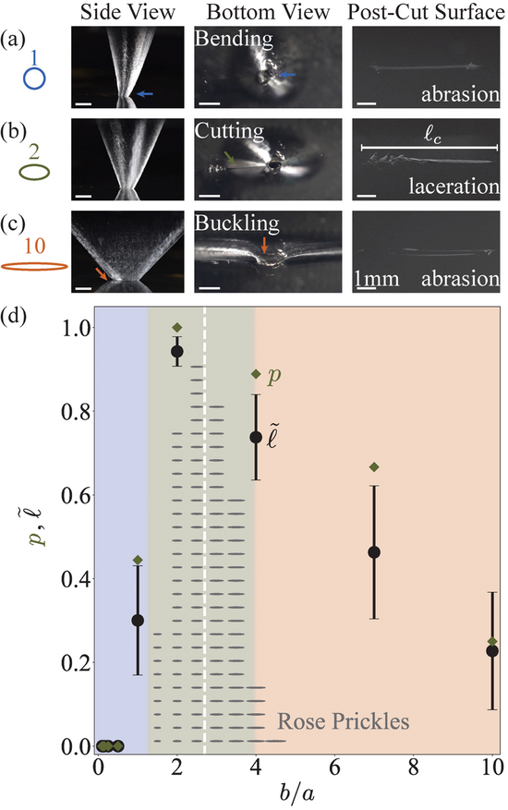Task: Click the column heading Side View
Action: [x=127, y=12]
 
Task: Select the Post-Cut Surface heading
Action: [x=426, y=12]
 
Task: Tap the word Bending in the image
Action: [x=234, y=39]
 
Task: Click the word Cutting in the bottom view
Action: [x=229, y=131]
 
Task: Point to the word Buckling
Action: [x=236, y=224]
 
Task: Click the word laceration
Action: [x=454, y=186]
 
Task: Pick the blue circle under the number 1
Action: [x=34, y=79]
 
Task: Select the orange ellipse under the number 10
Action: [x=34, y=266]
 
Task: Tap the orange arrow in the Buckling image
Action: [x=264, y=245]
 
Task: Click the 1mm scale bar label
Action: [x=377, y=279]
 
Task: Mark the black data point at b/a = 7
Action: [x=374, y=552]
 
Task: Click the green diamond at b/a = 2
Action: [x=177, y=328]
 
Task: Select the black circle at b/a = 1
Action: [x=138, y=620]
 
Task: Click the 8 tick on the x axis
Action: [x=414, y=768]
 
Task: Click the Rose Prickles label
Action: [x=344, y=721]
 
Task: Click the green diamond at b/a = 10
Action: [x=492, y=642]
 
